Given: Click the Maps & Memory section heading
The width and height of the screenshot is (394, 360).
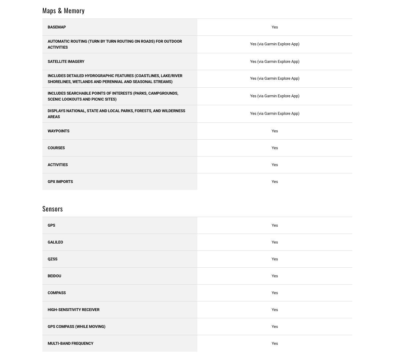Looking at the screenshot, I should (63, 11).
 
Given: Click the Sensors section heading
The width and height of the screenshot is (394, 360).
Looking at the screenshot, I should (53, 209).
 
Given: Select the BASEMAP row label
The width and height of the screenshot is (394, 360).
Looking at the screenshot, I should (57, 27).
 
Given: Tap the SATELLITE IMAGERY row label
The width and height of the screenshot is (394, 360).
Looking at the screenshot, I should (66, 62).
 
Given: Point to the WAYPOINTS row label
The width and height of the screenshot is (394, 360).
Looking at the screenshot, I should (59, 131).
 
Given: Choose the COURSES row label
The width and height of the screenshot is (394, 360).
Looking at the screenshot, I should (56, 148).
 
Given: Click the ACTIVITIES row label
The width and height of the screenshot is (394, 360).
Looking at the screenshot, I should (58, 165).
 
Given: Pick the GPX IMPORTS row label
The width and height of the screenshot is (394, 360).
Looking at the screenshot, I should (60, 182).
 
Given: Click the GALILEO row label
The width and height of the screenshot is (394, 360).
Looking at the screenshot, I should (55, 242).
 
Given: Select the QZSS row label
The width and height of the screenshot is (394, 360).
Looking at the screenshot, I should (53, 259).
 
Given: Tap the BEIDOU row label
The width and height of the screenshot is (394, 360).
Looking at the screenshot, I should (54, 276).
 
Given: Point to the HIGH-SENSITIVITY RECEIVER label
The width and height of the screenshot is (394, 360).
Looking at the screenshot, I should (74, 310).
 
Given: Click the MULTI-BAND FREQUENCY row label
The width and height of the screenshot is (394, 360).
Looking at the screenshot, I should (71, 343).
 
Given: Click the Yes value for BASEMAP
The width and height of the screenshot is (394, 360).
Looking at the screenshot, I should (275, 27).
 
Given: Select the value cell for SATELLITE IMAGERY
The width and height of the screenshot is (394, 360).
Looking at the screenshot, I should (275, 62).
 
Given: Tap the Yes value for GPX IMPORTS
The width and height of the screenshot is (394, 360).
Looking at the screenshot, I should (275, 182).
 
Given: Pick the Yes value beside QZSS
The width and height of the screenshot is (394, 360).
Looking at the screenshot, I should (275, 259).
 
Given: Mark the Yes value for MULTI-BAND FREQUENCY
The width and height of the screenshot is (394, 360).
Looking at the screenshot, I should (275, 343).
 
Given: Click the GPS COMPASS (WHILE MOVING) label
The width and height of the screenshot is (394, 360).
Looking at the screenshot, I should (76, 327).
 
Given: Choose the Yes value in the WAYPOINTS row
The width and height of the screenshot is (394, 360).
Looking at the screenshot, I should (275, 131).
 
